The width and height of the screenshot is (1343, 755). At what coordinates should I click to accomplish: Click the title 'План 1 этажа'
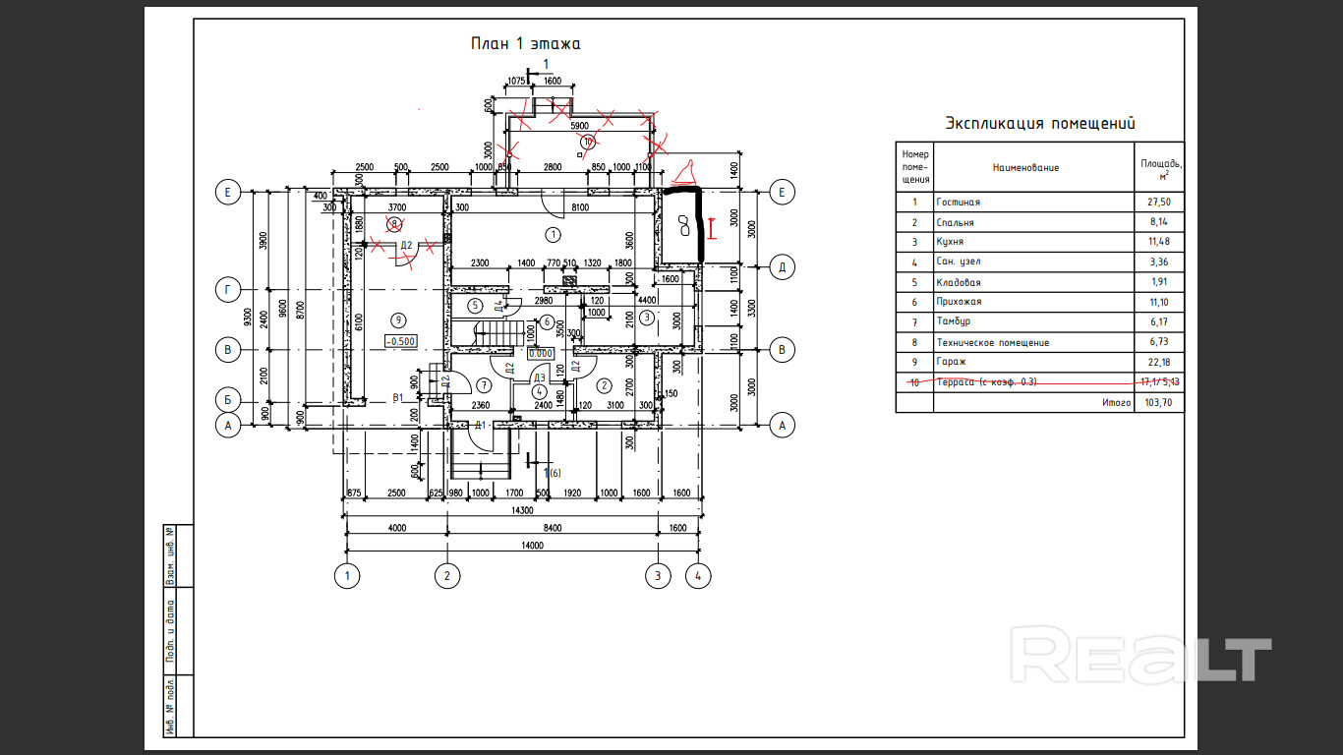pyautogui.click(x=525, y=43)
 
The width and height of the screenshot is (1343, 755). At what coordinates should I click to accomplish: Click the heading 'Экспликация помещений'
pyautogui.click(x=1040, y=124)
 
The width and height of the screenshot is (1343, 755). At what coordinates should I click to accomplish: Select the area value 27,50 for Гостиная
pyautogui.click(x=1160, y=203)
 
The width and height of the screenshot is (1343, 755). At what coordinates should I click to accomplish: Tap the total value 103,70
pyautogui.click(x=1160, y=403)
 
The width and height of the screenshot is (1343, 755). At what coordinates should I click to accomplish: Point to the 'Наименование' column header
pyautogui.click(x=1025, y=168)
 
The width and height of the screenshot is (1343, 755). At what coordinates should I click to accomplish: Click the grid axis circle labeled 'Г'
pyautogui.click(x=227, y=290)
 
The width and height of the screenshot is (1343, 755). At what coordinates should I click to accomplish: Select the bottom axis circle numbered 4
pyautogui.click(x=698, y=575)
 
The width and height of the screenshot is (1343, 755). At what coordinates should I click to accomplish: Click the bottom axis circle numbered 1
pyautogui.click(x=345, y=575)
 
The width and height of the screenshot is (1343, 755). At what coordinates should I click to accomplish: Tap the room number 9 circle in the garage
pyautogui.click(x=398, y=319)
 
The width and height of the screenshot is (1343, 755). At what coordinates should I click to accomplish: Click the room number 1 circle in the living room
pyautogui.click(x=553, y=234)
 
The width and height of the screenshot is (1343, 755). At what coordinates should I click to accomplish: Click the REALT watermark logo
pyautogui.click(x=1140, y=659)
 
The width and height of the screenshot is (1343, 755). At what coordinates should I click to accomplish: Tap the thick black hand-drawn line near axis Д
pyautogui.click(x=698, y=221)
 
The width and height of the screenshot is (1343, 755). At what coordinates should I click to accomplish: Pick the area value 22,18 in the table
pyautogui.click(x=1160, y=362)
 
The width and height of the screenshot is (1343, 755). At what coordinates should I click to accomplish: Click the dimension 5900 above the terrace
pyautogui.click(x=580, y=125)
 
